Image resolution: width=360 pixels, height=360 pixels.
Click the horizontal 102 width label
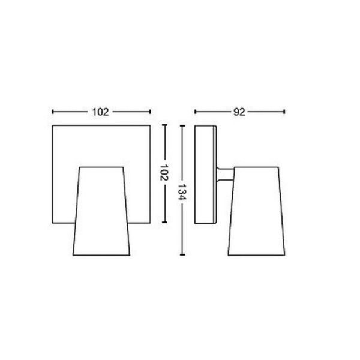point(101,112)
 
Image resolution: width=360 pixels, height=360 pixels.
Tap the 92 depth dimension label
point(239,112)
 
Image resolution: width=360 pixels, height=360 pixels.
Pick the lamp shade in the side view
point(255,210)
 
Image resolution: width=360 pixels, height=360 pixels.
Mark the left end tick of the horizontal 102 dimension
point(53,112)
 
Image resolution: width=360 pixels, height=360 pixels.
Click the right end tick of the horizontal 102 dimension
point(149,112)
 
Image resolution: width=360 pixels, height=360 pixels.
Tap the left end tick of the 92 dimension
point(196,112)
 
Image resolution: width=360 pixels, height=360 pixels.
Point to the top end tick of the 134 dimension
point(182,126)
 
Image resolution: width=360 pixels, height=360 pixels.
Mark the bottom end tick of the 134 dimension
point(182,254)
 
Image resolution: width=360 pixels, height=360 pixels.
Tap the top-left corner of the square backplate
point(53,126)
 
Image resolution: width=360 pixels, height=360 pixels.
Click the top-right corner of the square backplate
point(149,126)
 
